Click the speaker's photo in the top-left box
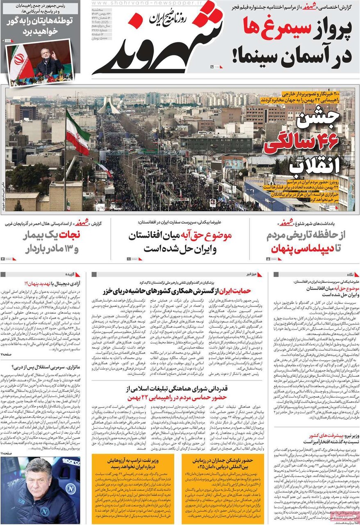coord(40,63)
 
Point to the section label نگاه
coord(352,274)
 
